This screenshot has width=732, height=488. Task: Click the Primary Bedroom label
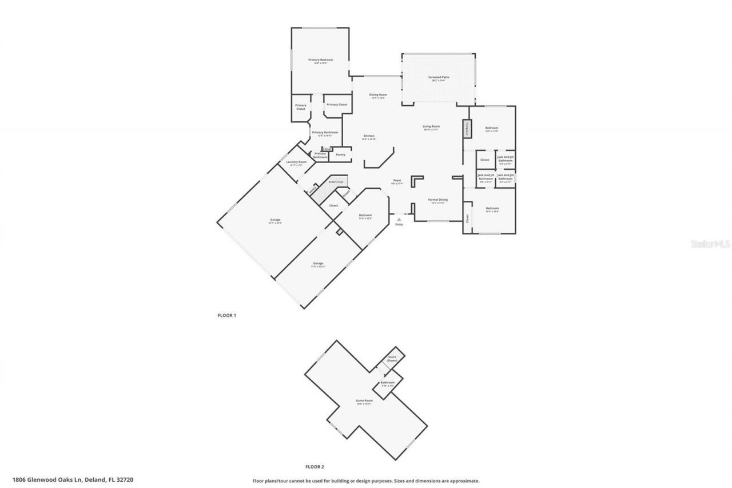point(320,61)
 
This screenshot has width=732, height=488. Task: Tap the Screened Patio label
point(439,78)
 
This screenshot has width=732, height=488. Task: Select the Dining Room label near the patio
point(377,96)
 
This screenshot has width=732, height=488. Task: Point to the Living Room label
point(431,127)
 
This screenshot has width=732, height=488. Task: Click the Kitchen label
point(368,137)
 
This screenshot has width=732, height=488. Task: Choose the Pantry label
point(340,154)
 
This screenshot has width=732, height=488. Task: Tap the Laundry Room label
point(296,162)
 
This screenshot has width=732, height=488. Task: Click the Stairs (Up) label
point(336,182)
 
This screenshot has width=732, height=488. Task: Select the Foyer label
point(396,181)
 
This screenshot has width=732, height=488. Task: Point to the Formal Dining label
point(439,200)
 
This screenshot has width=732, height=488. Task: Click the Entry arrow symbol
point(399,219)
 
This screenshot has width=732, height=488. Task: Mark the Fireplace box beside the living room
point(466,128)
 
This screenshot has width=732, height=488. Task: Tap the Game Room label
point(364,401)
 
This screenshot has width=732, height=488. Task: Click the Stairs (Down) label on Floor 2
point(392,358)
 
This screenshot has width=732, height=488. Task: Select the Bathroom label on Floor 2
point(387,383)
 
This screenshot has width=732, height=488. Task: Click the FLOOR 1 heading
point(226,315)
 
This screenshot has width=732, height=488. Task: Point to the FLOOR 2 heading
point(315,466)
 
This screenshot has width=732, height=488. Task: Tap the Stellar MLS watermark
point(710,244)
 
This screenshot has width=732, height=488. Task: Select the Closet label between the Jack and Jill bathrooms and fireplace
point(484,160)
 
